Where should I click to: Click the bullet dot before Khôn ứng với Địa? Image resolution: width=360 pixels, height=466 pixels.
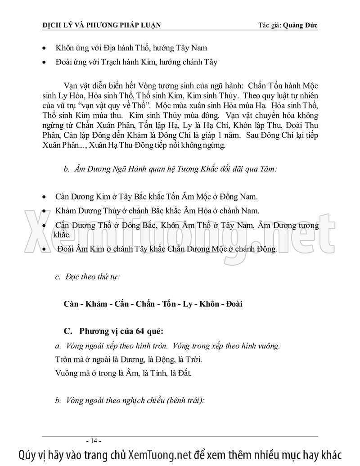coord(43,48)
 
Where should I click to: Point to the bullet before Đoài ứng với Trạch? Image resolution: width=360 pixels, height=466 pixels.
coord(43,62)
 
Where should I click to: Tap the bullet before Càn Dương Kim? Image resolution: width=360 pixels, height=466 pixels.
coord(43,197)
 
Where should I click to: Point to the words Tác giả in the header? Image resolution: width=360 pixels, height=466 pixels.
coord(266,25)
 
